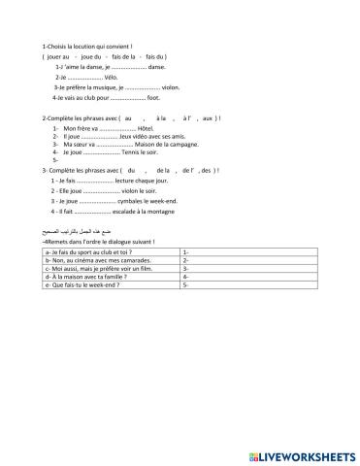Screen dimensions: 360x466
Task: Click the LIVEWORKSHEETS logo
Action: [300, 452]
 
